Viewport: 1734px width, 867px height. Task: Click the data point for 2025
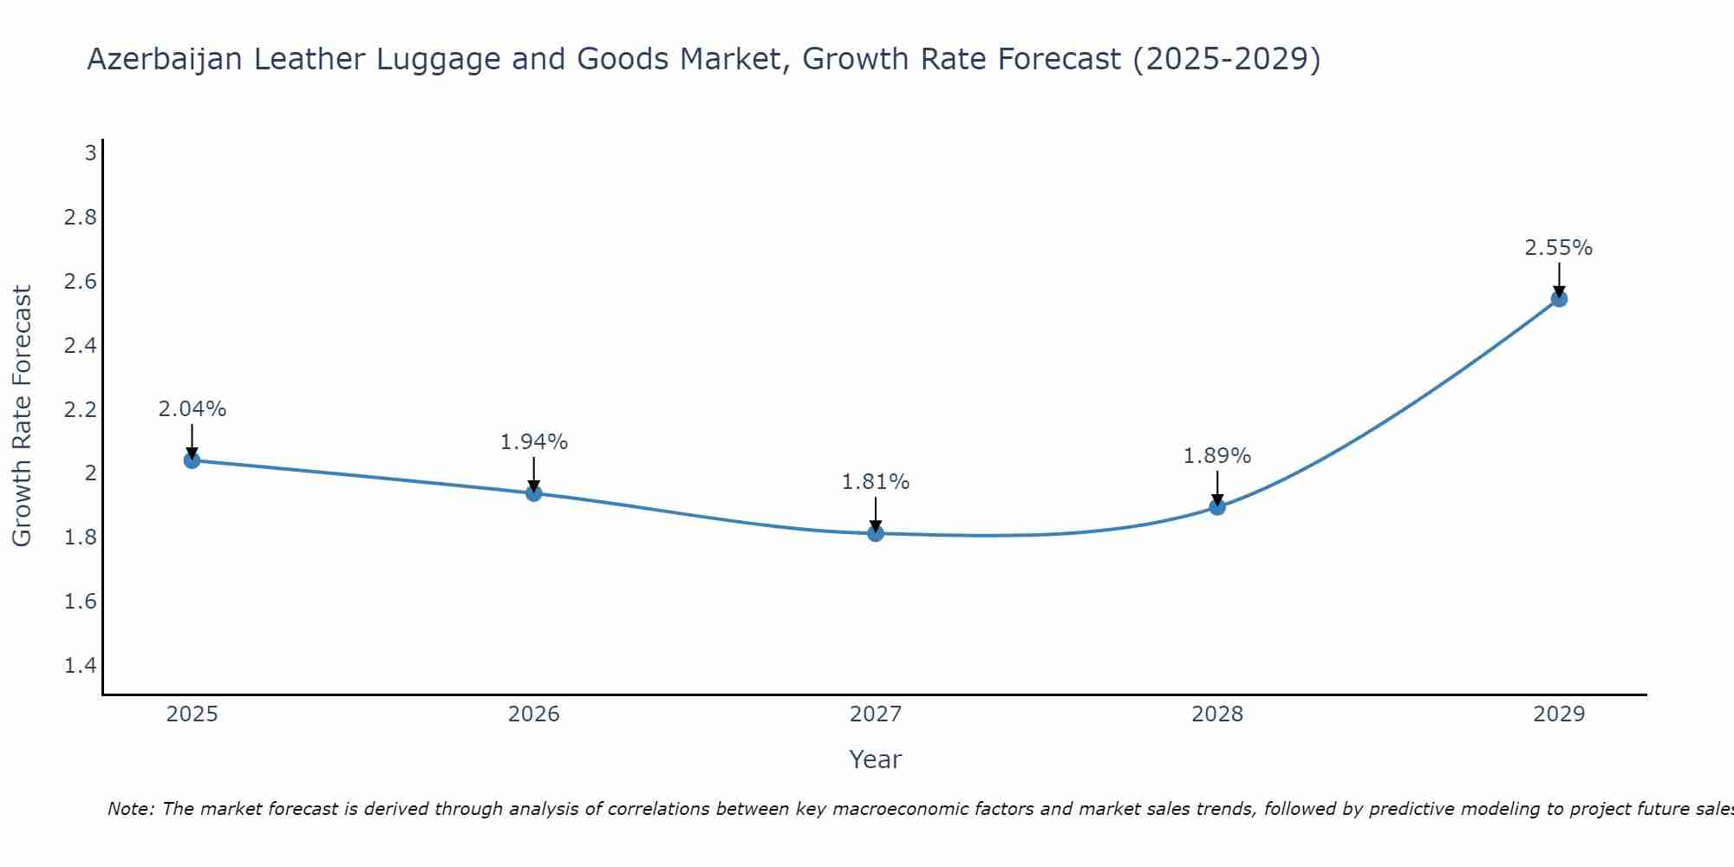coord(192,460)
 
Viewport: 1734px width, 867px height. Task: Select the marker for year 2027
coord(876,533)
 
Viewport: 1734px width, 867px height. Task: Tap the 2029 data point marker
coord(1559,299)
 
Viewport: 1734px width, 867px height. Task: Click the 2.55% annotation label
coord(1559,248)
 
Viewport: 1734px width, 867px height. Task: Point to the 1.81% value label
coord(876,482)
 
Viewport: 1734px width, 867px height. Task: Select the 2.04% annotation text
coord(192,409)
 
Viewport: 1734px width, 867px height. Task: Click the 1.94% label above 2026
coord(534,442)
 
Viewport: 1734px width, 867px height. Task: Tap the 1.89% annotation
coord(1217,456)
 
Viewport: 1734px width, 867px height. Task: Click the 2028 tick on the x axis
coord(1217,714)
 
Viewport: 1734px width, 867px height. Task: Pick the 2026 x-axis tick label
coord(534,714)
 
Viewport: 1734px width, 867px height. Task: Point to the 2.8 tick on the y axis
coord(81,217)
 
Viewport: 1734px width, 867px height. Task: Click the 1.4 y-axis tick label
coord(81,666)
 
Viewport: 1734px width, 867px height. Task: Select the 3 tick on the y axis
coord(90,153)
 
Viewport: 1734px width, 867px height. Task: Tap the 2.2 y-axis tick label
coord(81,409)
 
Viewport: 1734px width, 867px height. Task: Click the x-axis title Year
coord(876,759)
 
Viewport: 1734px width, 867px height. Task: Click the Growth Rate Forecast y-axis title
coord(23,416)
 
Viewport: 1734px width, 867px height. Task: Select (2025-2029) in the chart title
coord(1227,59)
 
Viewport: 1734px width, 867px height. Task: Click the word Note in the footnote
coord(130,809)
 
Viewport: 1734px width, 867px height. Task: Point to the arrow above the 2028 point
coord(1217,488)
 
